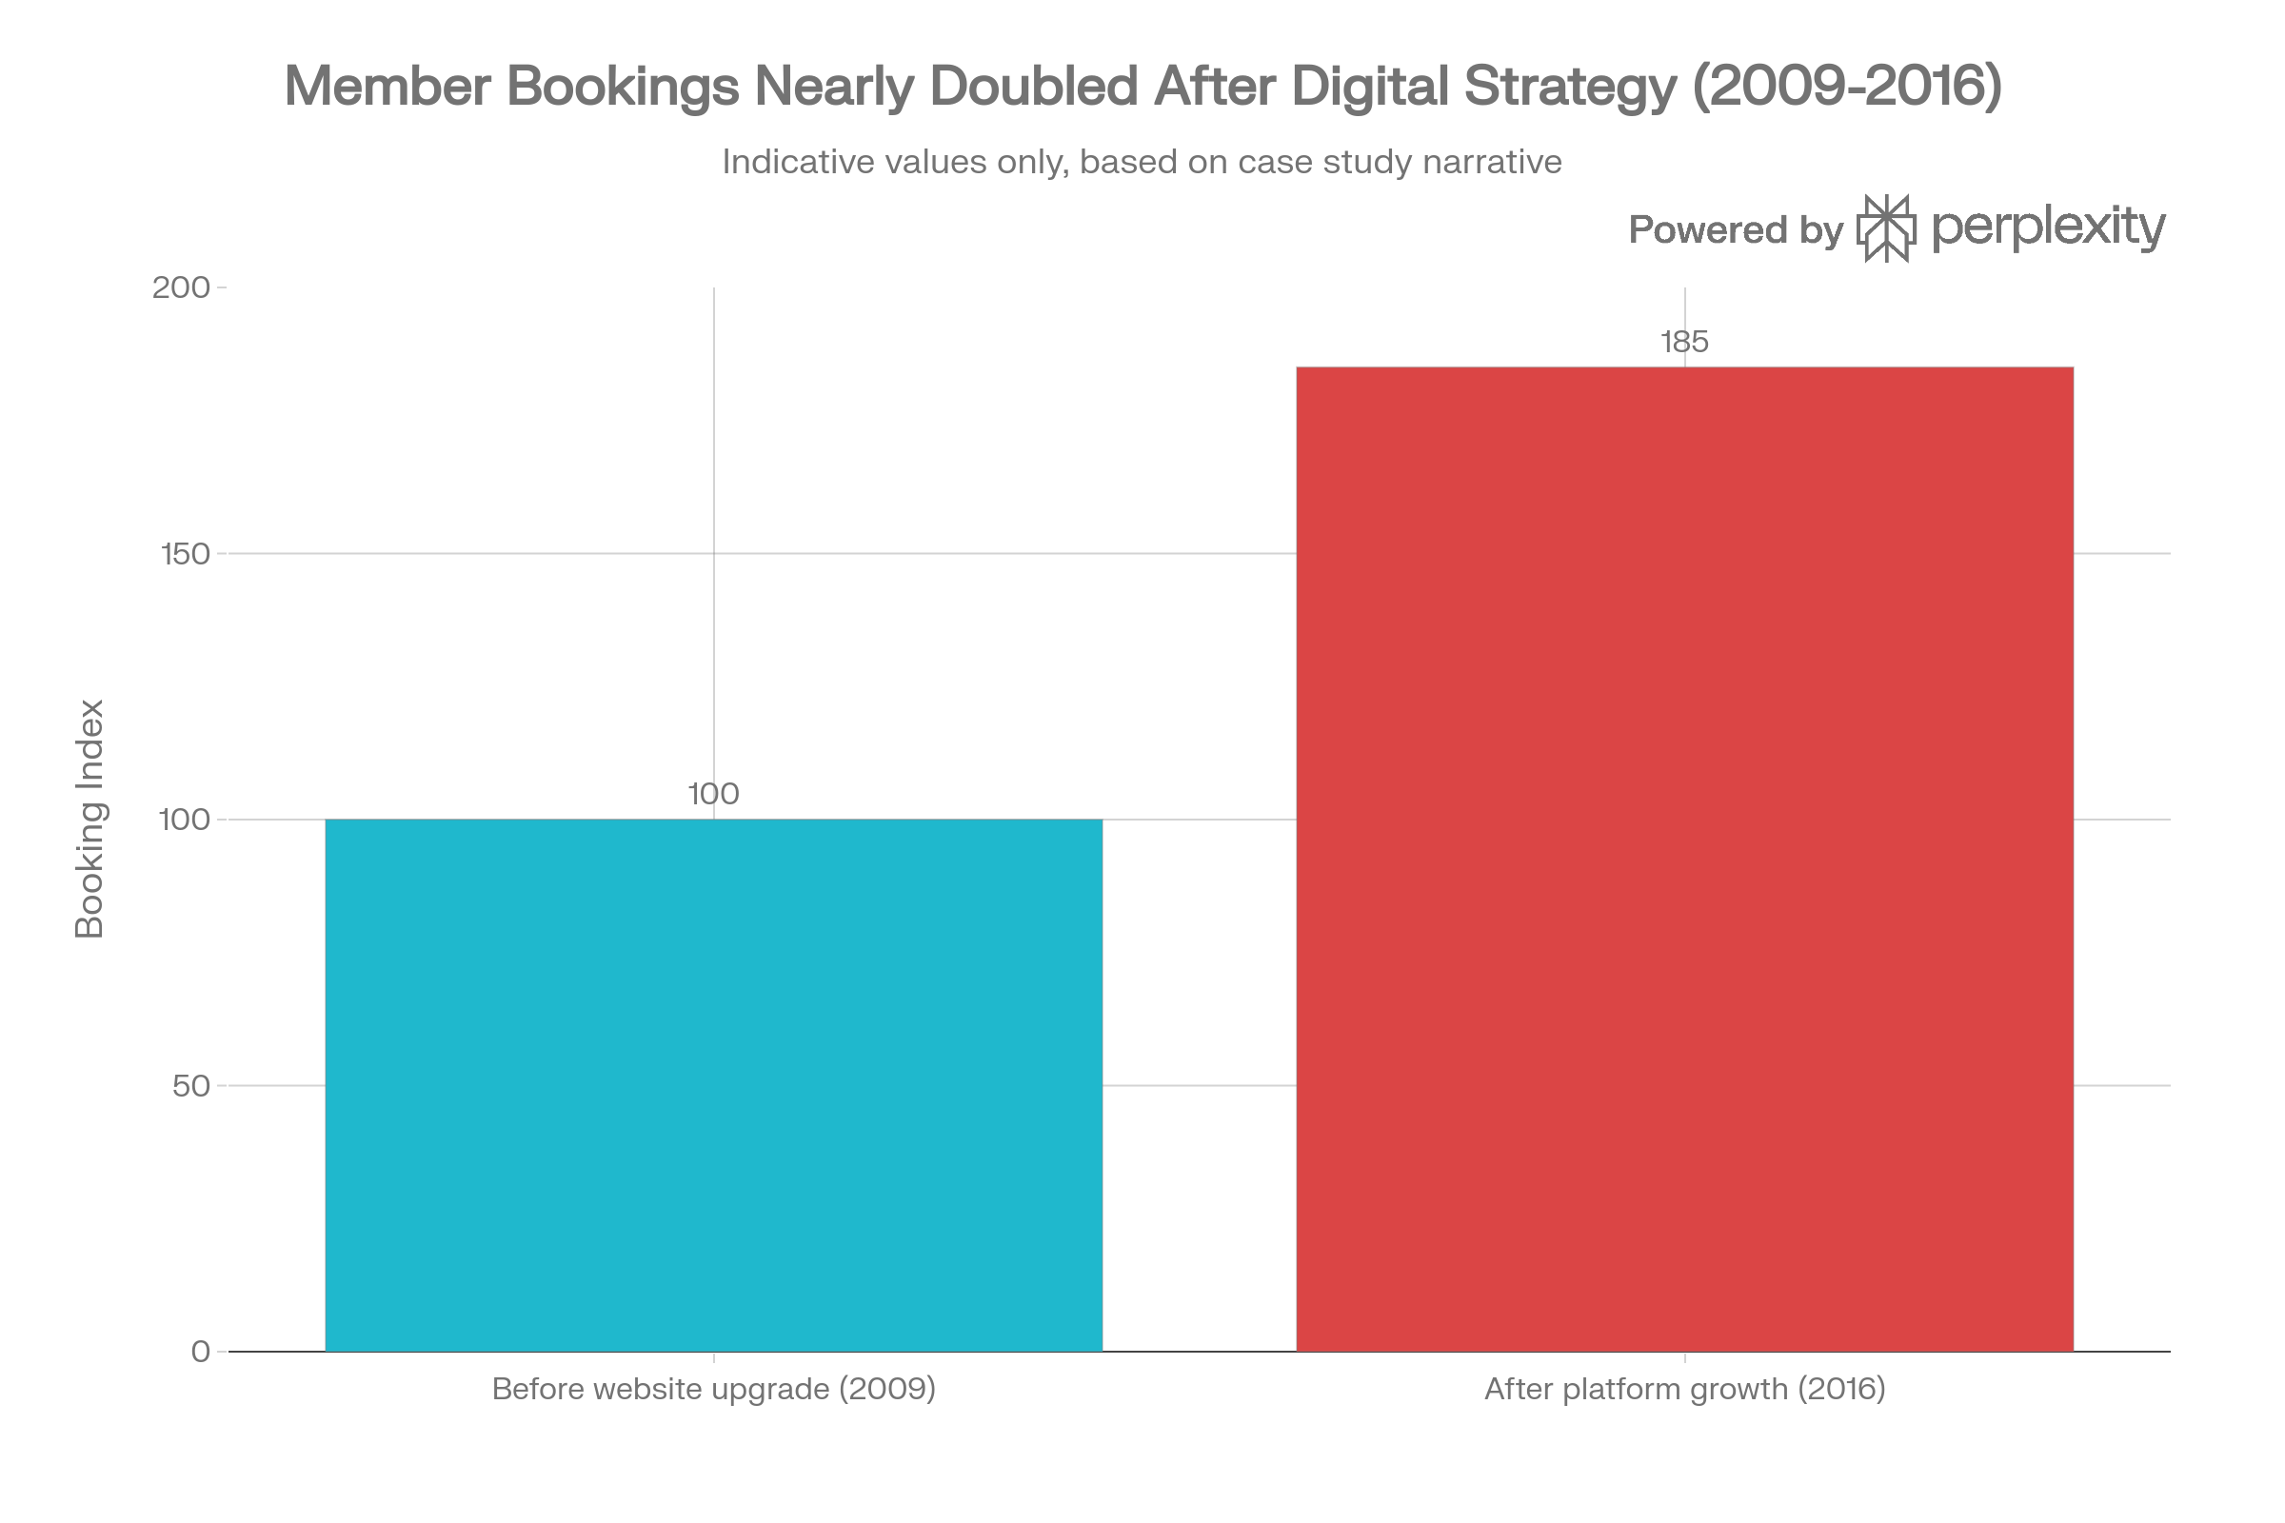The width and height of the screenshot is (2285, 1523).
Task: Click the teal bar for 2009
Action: [x=713, y=1084]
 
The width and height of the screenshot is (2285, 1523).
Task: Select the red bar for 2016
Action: [x=1684, y=859]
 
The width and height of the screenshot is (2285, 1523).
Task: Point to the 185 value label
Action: [x=1684, y=342]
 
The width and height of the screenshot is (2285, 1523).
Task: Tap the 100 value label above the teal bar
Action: [x=713, y=795]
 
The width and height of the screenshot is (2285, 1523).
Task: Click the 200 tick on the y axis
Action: [x=182, y=287]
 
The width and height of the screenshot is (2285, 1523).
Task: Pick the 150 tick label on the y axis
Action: [x=185, y=554]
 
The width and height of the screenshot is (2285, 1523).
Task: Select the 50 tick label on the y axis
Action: [x=190, y=1086]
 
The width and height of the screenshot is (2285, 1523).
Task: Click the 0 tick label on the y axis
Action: [x=200, y=1351]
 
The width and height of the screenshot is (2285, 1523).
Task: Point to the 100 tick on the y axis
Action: [x=184, y=820]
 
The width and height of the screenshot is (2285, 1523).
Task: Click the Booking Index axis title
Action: [x=89, y=819]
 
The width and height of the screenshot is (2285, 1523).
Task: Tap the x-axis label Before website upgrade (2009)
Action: [x=713, y=1389]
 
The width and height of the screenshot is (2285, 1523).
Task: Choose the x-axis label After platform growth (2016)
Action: [x=1684, y=1389]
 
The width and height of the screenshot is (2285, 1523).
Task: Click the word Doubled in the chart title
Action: [x=1033, y=86]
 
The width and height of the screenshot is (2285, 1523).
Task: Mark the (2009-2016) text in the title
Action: [x=1847, y=86]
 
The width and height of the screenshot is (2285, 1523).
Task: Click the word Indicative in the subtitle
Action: [x=799, y=161]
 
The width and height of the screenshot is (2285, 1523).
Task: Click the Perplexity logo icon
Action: [x=1887, y=228]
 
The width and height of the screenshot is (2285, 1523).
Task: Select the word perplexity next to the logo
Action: [x=2048, y=228]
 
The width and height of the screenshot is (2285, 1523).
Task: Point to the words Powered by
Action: [x=1735, y=230]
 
